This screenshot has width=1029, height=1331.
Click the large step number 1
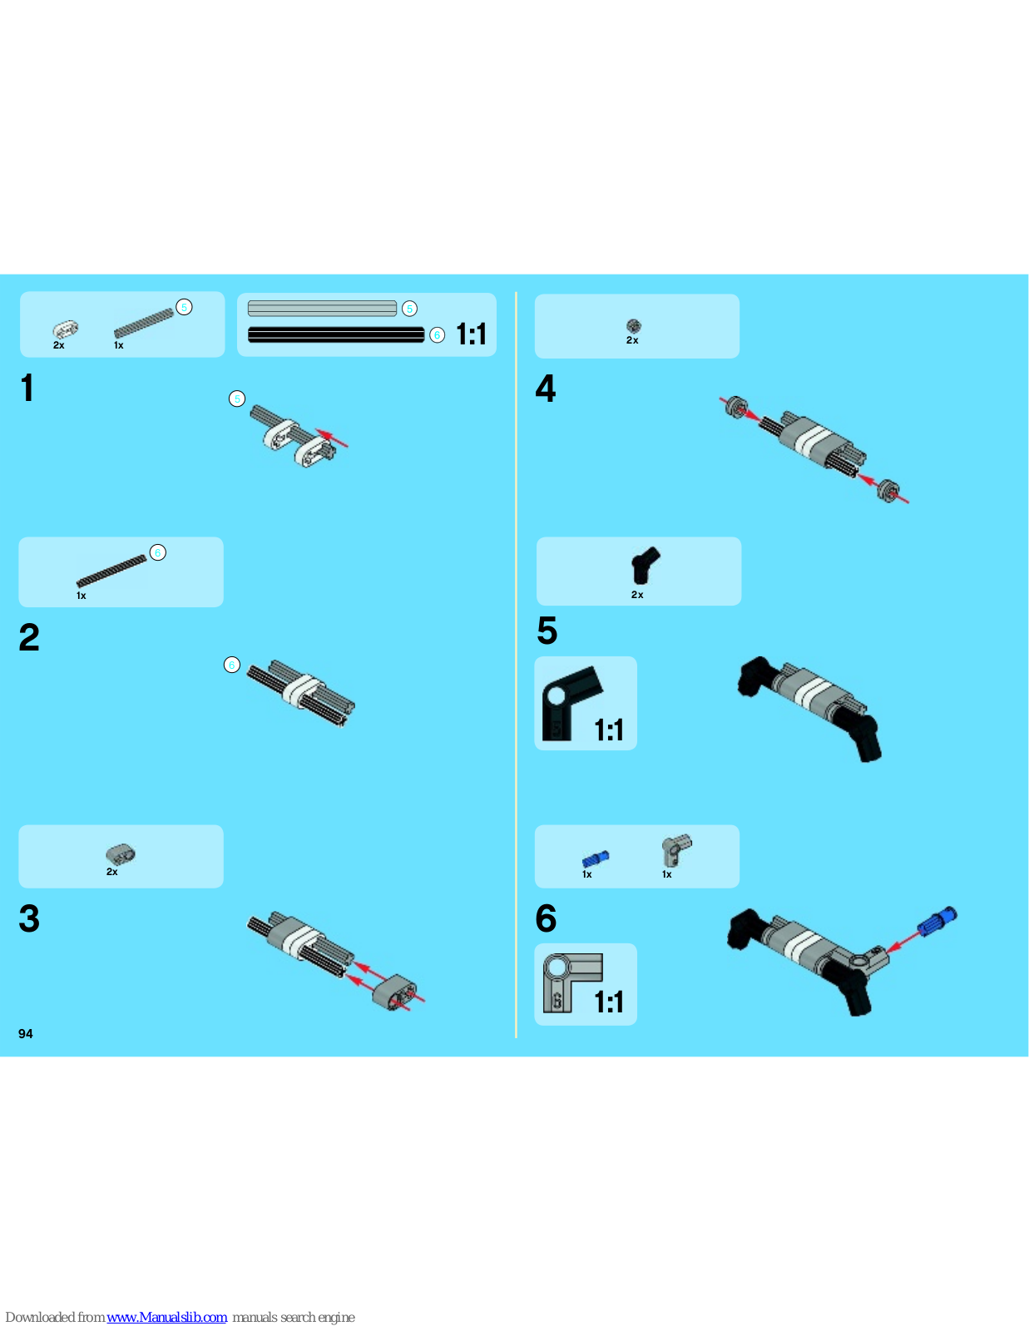click(27, 388)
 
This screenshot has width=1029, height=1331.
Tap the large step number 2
click(29, 637)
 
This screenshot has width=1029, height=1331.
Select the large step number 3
click(29, 918)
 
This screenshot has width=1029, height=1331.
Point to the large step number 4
click(545, 388)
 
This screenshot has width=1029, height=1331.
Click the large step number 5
click(547, 631)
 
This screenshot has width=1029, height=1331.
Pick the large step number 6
click(546, 918)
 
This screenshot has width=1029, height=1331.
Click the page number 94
click(25, 1034)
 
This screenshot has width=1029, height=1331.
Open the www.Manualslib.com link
click(166, 1317)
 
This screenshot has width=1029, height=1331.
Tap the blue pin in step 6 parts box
click(596, 858)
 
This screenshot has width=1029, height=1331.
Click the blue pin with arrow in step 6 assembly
click(937, 921)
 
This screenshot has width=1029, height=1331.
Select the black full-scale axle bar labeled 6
click(335, 334)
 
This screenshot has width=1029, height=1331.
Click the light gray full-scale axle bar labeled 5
click(322, 308)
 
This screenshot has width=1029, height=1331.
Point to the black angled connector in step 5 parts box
click(645, 565)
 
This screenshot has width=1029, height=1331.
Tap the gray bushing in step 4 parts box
click(633, 326)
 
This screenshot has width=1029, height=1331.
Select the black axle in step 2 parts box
click(111, 571)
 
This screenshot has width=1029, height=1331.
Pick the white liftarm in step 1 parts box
click(66, 329)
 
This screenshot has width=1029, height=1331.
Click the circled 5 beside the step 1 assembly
click(237, 398)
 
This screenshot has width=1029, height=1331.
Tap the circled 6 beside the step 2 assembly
click(231, 665)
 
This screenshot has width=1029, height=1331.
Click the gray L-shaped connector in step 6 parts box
click(675, 850)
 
